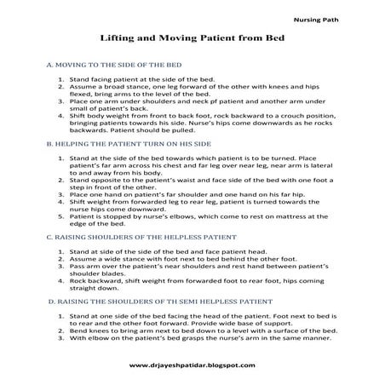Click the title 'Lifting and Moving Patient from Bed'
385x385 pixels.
tap(192, 39)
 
